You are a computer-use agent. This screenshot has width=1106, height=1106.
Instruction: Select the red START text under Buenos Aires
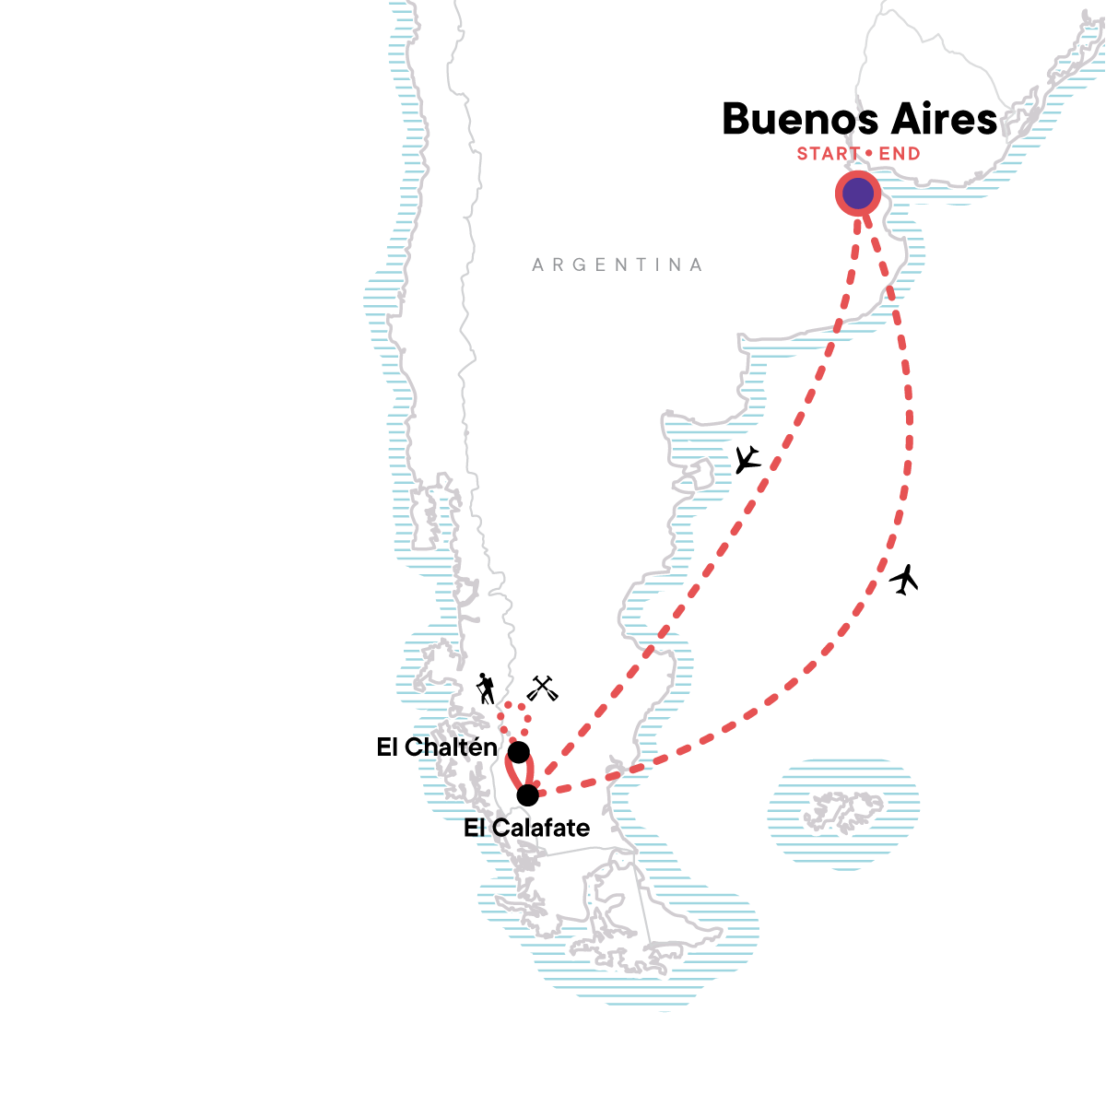click(829, 154)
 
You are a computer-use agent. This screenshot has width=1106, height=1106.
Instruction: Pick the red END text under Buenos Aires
click(900, 154)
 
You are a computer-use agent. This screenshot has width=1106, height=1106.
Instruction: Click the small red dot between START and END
click(869, 154)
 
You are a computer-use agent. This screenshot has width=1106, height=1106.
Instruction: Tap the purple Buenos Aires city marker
click(857, 194)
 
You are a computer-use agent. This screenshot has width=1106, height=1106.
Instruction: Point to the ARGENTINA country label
click(618, 265)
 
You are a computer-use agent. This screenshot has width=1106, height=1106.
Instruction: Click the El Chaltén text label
click(437, 747)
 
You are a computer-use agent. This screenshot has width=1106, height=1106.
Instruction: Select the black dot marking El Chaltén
click(519, 752)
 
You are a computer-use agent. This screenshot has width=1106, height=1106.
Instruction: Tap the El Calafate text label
click(526, 828)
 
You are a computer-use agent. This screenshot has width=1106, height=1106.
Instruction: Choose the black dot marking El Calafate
click(527, 794)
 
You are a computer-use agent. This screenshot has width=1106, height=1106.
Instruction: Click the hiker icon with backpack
click(485, 688)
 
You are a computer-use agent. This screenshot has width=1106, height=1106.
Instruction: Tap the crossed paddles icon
click(542, 688)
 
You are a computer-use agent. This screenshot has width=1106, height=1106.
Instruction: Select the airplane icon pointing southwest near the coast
click(747, 459)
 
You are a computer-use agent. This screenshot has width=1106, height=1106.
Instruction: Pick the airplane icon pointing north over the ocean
click(905, 580)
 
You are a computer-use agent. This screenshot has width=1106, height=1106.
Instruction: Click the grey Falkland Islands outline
click(841, 812)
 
